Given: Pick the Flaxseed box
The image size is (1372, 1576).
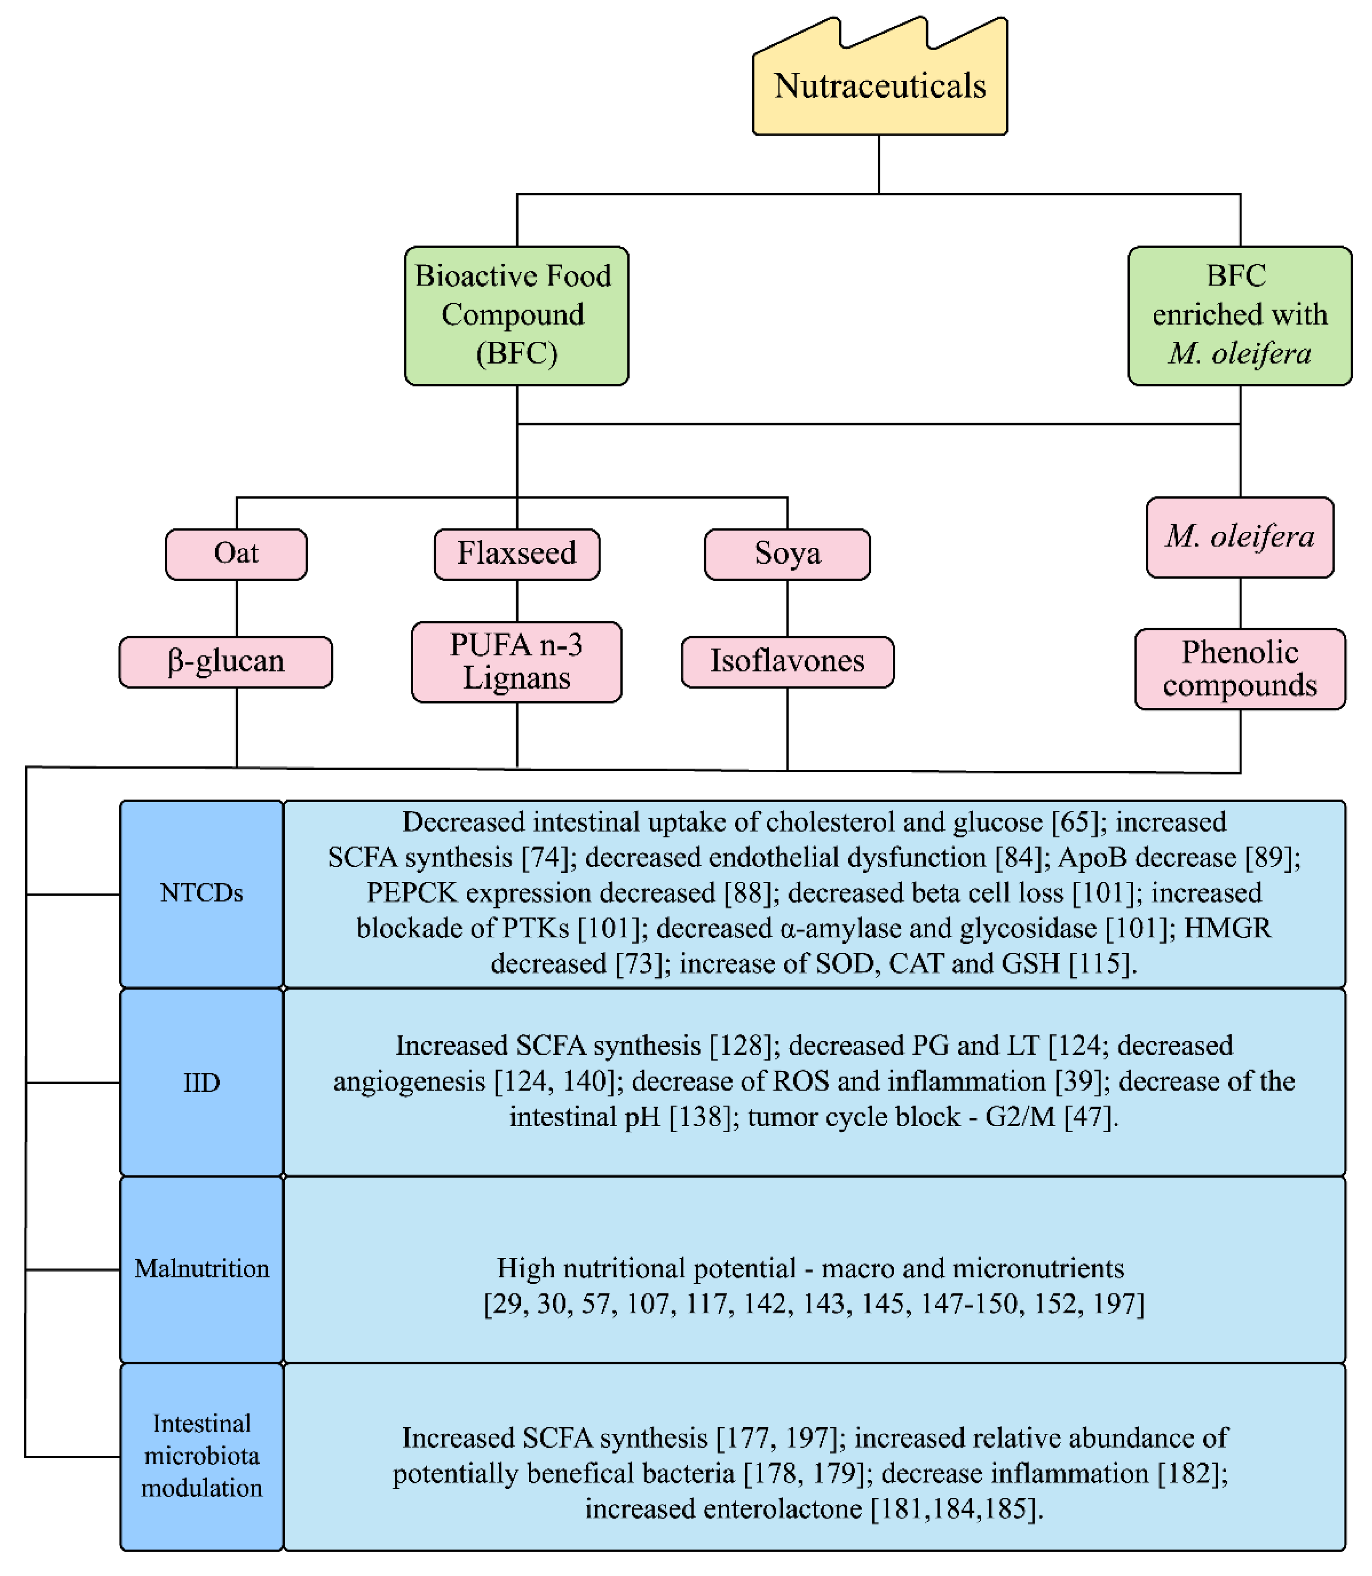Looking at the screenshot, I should click(517, 554).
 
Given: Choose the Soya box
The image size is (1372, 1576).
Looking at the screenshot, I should click(787, 554).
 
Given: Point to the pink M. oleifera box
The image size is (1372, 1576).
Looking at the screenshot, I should click(1240, 537).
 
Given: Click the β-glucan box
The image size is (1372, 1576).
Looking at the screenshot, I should click(226, 662).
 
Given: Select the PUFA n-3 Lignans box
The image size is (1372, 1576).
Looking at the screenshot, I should click(517, 662).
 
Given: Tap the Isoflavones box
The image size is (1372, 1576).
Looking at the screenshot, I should click(787, 662).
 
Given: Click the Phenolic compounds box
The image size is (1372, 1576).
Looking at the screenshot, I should click(1240, 668).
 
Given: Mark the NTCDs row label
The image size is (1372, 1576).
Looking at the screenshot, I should click(201, 893).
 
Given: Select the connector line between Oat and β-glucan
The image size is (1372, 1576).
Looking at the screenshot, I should click(237, 608).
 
